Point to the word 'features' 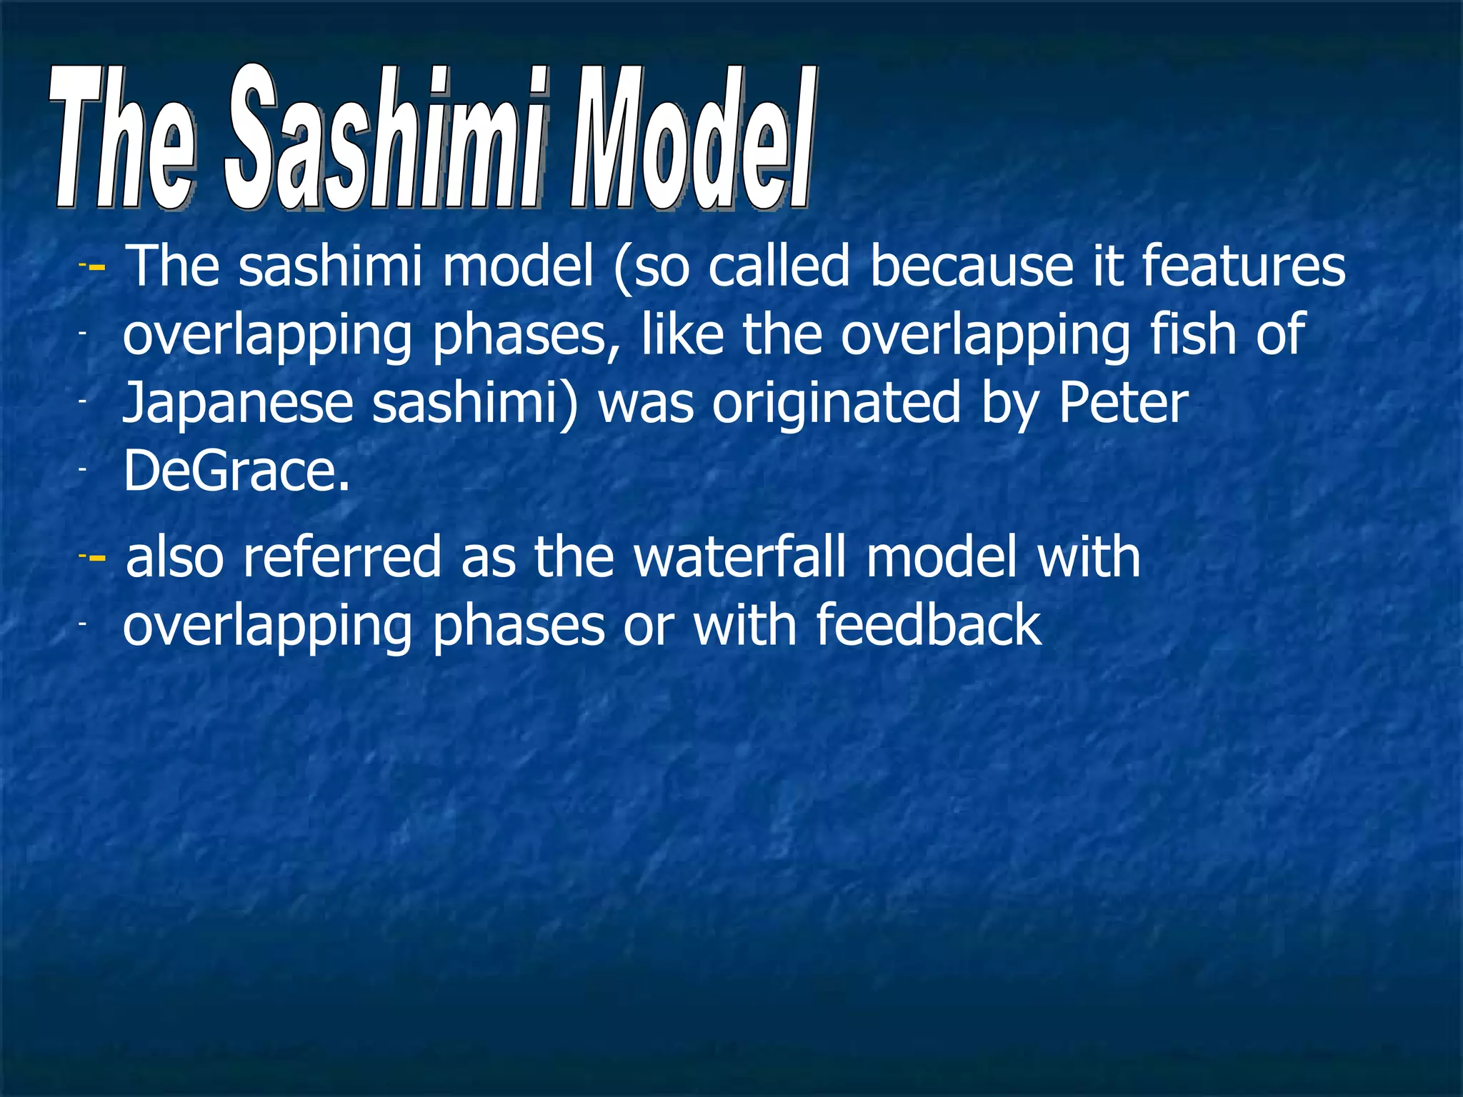1243,266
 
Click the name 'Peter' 1123,402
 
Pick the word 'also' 174,557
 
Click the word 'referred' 342,557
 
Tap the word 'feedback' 928,625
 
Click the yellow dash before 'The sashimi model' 98,268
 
